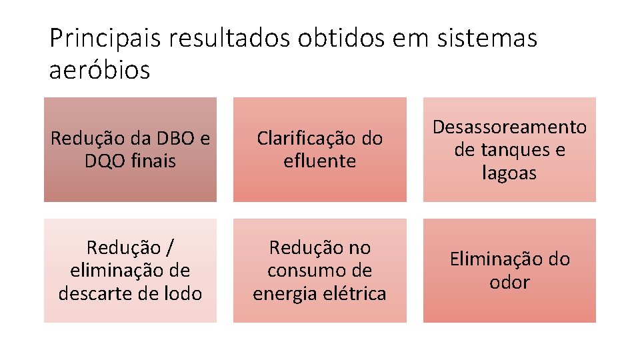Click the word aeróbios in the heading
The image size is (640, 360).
[100, 69]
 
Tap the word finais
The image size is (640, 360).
[154, 161]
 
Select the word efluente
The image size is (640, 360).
[319, 161]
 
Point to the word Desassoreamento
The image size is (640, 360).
[509, 127]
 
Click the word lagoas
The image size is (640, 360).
[509, 173]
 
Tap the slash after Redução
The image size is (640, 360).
[170, 248]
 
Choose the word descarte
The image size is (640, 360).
[92, 293]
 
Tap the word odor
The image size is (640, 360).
[509, 282]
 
